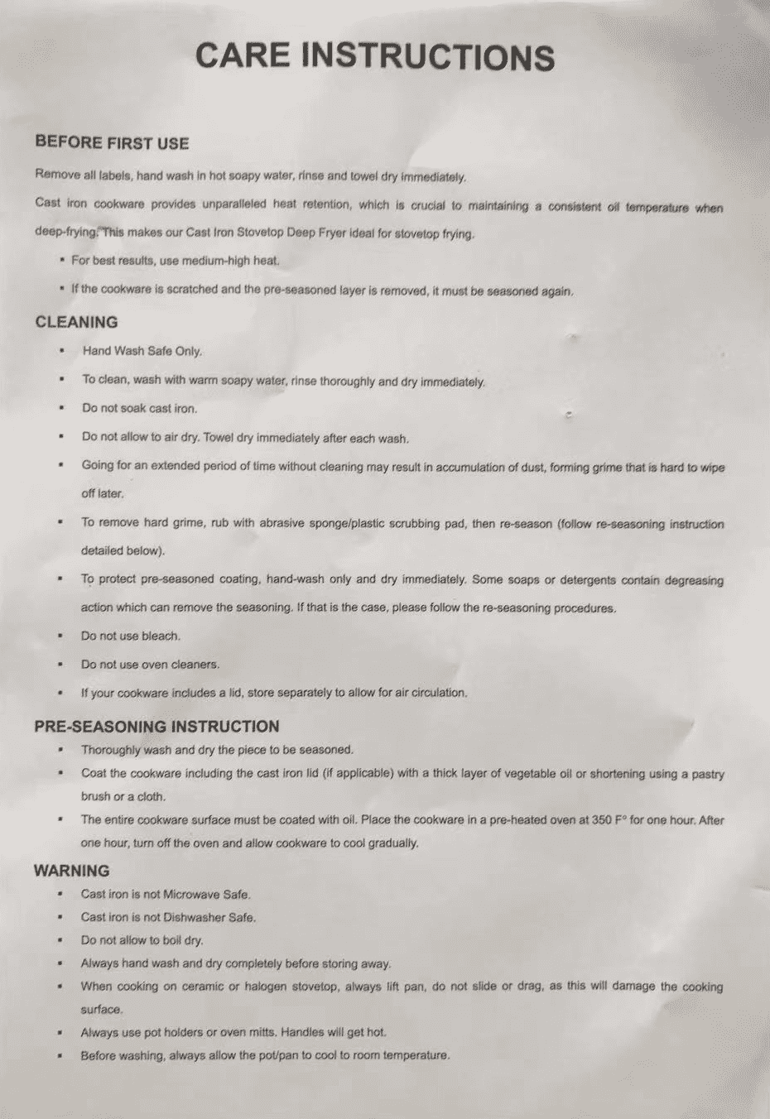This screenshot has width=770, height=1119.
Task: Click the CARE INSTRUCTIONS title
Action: pyautogui.click(x=375, y=55)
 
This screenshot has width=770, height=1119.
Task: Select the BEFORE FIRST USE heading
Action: pyautogui.click(x=112, y=142)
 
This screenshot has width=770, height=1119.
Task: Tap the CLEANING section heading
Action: pyautogui.click(x=76, y=322)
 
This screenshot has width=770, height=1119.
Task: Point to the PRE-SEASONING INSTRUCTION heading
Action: pyautogui.click(x=156, y=726)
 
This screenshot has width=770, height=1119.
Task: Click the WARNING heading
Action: pyautogui.click(x=71, y=870)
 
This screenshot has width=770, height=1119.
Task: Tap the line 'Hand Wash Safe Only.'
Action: pyautogui.click(x=142, y=351)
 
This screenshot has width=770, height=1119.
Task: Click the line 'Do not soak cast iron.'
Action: pyautogui.click(x=139, y=408)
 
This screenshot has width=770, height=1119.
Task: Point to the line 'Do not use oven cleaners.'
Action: pyautogui.click(x=150, y=664)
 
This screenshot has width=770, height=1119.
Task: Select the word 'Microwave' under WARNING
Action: pyautogui.click(x=192, y=894)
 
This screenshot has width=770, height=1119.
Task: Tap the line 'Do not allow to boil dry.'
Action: pyautogui.click(x=142, y=940)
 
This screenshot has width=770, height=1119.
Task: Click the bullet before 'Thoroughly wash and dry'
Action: pyautogui.click(x=61, y=750)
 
